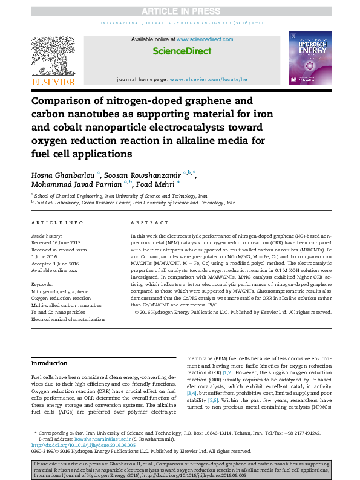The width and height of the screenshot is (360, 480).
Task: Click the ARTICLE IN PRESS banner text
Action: (x=180, y=11)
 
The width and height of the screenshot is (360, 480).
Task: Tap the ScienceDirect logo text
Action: (x=182, y=52)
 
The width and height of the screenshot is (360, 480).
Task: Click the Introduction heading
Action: (x=50, y=363)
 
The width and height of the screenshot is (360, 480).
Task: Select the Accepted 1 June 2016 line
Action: (x=56, y=263)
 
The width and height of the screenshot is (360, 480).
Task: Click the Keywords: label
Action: (x=42, y=283)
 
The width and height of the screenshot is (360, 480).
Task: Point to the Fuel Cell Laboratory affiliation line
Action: (x=133, y=203)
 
